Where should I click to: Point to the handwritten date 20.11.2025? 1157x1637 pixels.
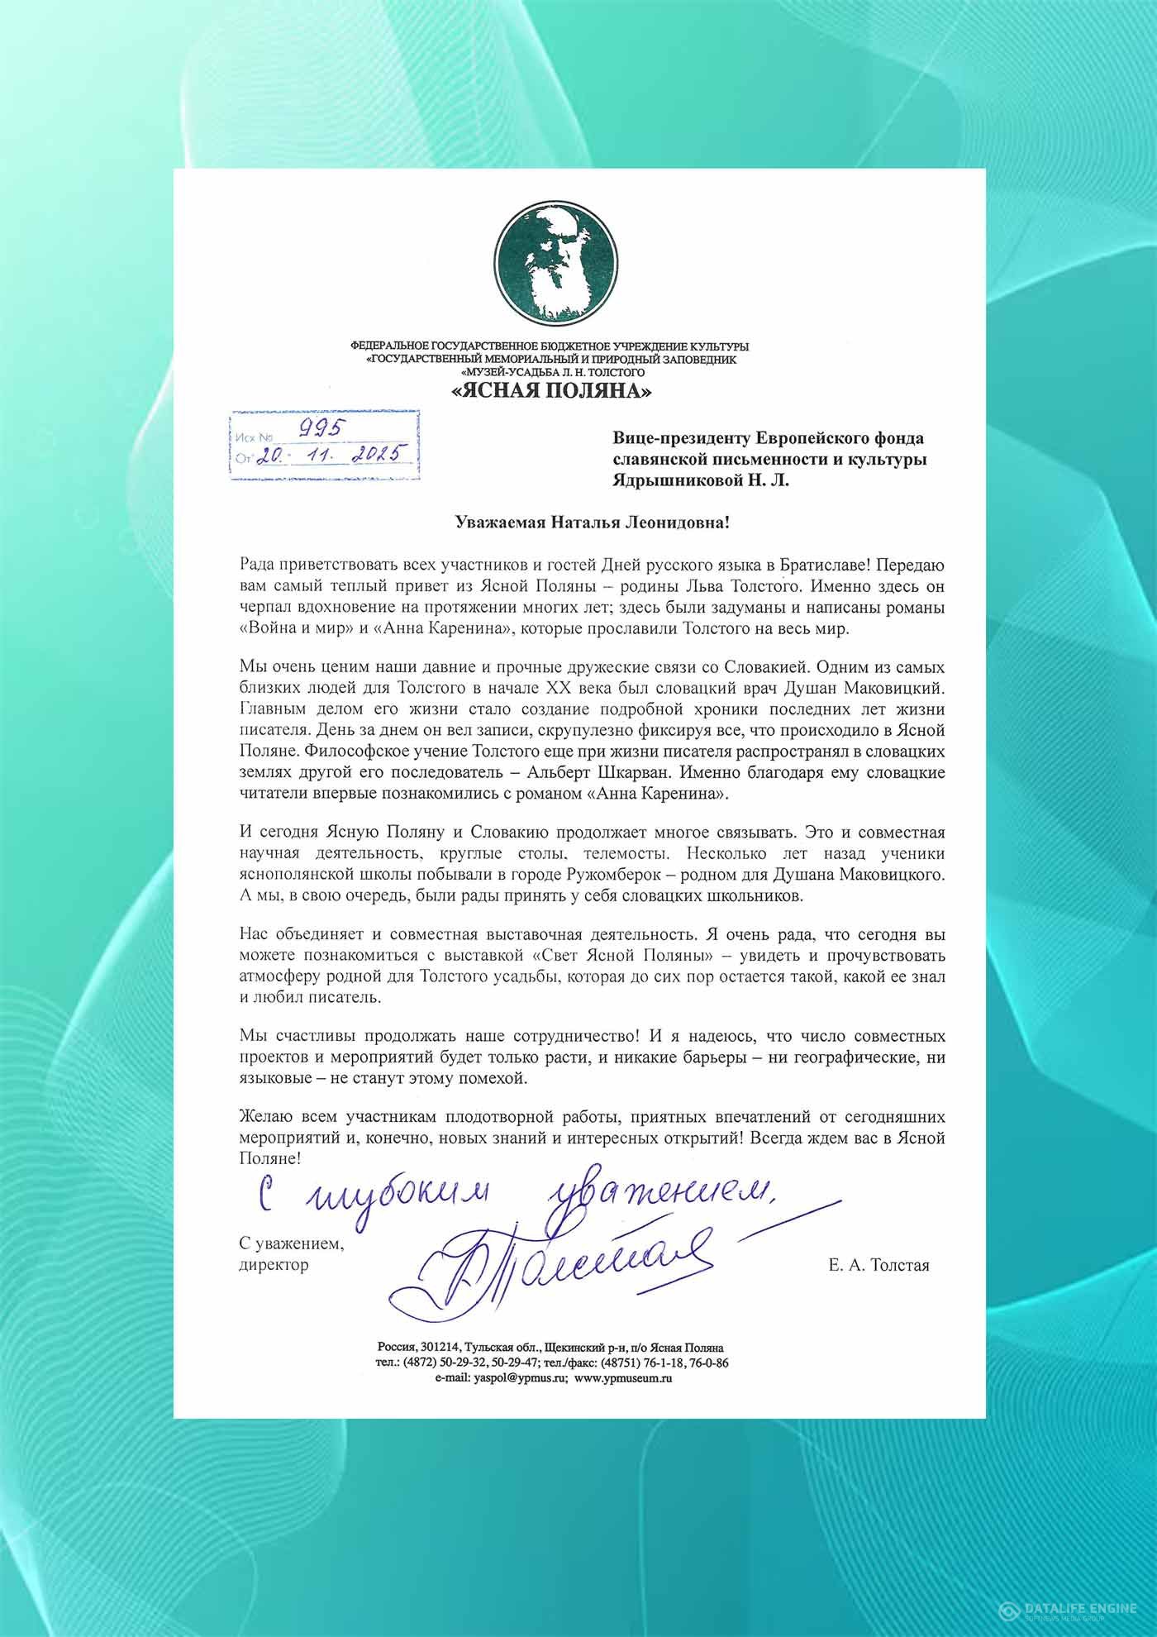327,454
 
